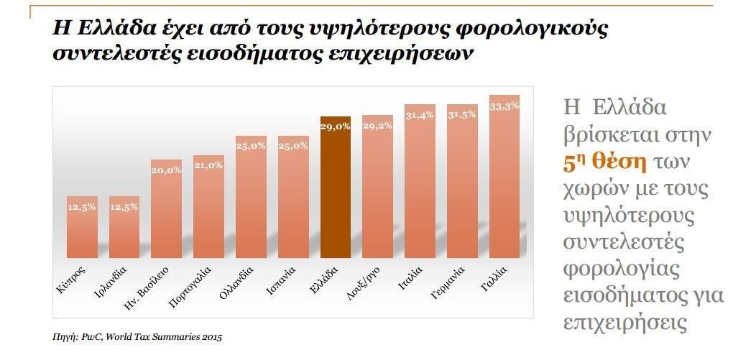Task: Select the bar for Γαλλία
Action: point(504,180)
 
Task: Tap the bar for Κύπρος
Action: point(82,226)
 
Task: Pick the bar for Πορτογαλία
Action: point(208,208)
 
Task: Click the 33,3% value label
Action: point(504,106)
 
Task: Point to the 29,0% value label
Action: point(336,126)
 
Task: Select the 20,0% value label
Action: point(166,170)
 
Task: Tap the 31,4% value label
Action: point(420,116)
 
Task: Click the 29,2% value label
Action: point(377,125)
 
